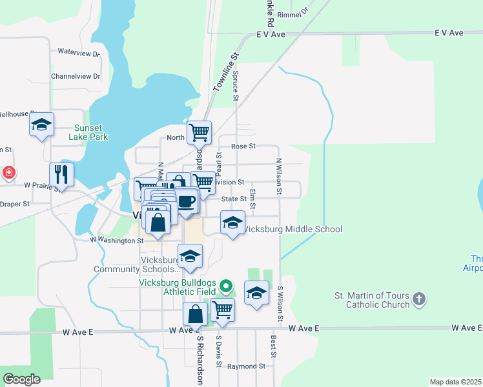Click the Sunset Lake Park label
coord(90,132)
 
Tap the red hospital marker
coord(8,173)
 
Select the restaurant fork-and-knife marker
coord(61,174)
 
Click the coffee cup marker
coord(186,201)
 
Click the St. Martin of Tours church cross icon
coord(419,299)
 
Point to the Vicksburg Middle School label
coord(292,229)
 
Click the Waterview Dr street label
coord(79,52)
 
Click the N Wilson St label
coord(279,177)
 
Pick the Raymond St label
coord(246,366)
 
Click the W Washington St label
coord(117,241)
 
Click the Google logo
coord(21,379)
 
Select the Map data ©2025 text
coord(455,382)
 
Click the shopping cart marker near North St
coord(199,132)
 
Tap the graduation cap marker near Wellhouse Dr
coord(41,124)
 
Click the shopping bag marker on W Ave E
coord(195,315)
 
